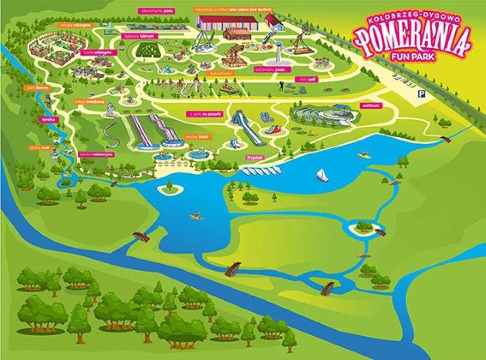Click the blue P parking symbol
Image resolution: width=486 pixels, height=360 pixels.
pos(422,94)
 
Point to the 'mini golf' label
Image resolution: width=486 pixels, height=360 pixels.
pos(307,79)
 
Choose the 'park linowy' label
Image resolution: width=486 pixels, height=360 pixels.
pos(30,87)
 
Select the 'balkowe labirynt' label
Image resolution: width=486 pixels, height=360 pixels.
pos(139,36)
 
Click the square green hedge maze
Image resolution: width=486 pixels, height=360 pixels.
pos(146,50)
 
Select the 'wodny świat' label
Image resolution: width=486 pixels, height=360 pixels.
pos(194,137)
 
